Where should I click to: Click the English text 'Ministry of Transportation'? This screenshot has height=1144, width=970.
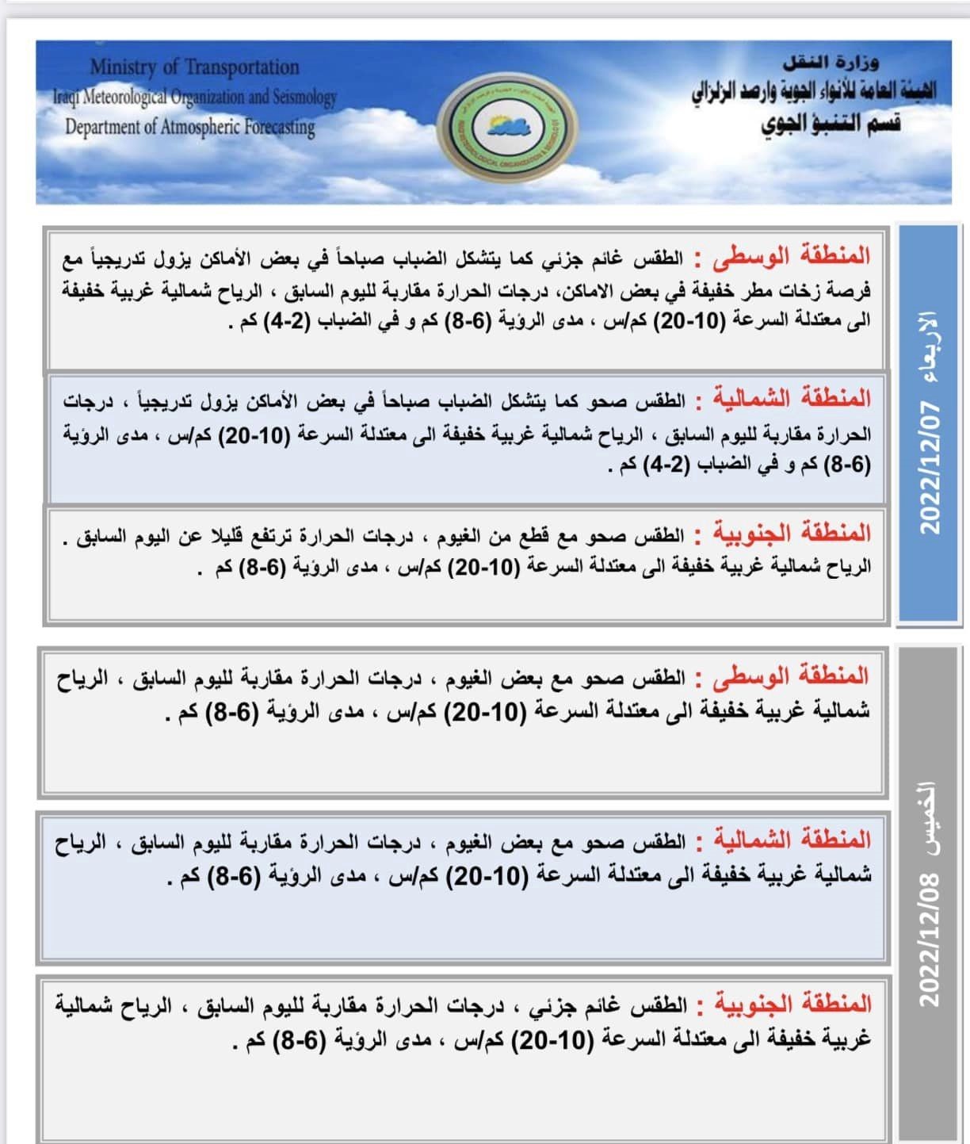pos(194,67)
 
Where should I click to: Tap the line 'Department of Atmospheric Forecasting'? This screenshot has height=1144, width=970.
pos(190,127)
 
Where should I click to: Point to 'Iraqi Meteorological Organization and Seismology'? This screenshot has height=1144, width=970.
pos(195,97)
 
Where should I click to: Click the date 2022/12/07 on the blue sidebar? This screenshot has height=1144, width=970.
pos(928,468)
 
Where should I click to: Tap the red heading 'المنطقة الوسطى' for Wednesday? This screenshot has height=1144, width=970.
pos(792,256)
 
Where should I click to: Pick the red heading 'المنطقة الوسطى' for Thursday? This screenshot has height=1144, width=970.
pos(792,676)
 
